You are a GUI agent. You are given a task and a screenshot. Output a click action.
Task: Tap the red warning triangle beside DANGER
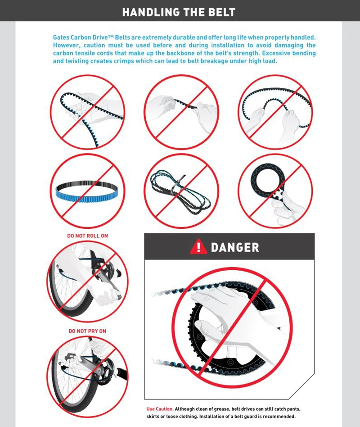pyautogui.click(x=198, y=246)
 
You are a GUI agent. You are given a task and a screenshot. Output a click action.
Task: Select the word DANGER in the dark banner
pyautogui.click(x=235, y=247)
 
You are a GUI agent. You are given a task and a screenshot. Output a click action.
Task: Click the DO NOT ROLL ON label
pyautogui.click(x=88, y=236)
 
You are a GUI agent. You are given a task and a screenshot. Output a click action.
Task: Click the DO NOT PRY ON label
pyautogui.click(x=87, y=331)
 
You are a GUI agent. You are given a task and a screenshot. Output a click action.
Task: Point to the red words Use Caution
pyautogui.click(x=160, y=409)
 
